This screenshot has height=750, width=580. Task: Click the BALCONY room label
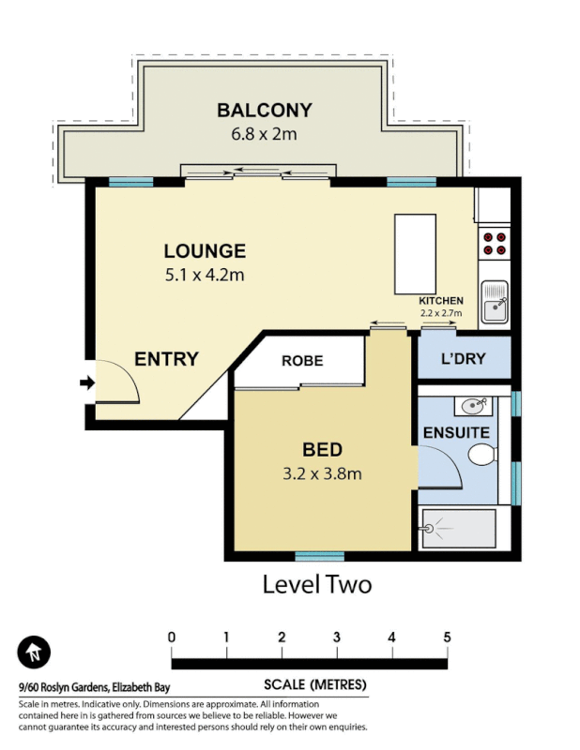tap(264, 111)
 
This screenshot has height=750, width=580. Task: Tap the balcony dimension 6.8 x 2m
tap(264, 134)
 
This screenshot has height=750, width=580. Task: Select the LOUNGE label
tap(205, 251)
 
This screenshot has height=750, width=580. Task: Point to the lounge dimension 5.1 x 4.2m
tap(205, 275)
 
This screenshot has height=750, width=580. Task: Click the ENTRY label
tap(166, 359)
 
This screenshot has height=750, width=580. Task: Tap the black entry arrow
tap(86, 382)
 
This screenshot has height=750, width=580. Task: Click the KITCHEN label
tap(441, 301)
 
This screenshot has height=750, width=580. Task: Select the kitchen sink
tap(494, 304)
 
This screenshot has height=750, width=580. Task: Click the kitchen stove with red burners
tap(495, 244)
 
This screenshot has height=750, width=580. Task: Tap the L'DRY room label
tap(463, 360)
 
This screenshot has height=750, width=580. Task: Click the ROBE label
tap(302, 361)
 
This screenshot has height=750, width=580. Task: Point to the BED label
tap(322, 449)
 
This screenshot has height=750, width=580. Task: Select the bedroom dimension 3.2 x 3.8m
tap(322, 473)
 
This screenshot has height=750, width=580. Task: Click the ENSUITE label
tap(456, 433)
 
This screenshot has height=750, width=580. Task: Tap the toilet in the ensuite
tap(481, 457)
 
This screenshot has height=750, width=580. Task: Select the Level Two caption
tap(316, 585)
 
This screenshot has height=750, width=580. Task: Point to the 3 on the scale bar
tap(337, 637)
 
